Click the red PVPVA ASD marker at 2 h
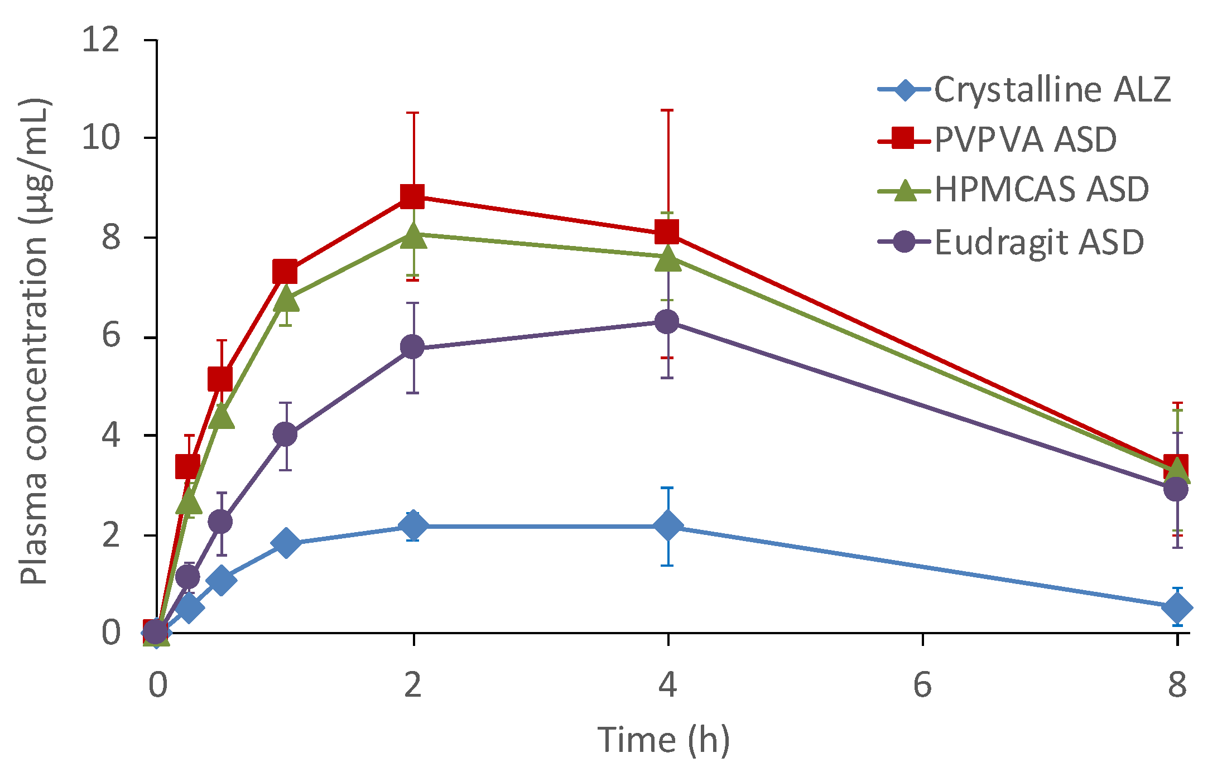(x=412, y=196)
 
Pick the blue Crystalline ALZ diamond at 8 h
(x=1177, y=607)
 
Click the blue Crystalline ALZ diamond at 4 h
(x=667, y=525)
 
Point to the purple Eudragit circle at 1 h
(x=285, y=434)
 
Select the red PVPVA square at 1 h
(x=285, y=272)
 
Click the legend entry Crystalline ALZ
(x=1052, y=89)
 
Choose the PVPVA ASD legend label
(x=1025, y=139)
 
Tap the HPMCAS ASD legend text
(x=1041, y=189)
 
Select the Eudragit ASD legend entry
(x=1038, y=242)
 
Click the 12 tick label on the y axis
(x=101, y=40)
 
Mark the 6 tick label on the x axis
(x=922, y=685)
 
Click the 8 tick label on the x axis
(x=1177, y=685)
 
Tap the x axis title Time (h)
(x=663, y=740)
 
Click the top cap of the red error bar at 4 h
(x=667, y=110)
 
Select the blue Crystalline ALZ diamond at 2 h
(x=413, y=525)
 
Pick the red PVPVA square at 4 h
(x=667, y=231)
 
